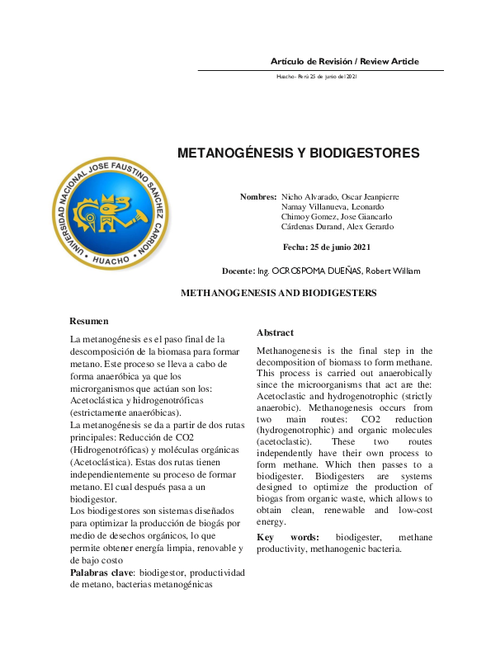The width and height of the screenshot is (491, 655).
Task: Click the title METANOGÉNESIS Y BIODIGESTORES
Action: [299, 153]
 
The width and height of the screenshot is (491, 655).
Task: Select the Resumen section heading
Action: [88, 320]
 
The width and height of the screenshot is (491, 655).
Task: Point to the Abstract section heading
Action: [275, 332]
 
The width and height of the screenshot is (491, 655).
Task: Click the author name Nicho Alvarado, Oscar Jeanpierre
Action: [340, 197]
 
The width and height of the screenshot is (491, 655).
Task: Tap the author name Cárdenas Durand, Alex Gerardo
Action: [338, 227]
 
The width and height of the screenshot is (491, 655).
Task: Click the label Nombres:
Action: [258, 197]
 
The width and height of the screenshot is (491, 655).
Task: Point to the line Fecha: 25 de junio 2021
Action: [327, 247]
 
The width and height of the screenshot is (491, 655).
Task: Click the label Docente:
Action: [238, 271]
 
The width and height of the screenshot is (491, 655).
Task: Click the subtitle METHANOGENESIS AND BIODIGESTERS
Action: [278, 293]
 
